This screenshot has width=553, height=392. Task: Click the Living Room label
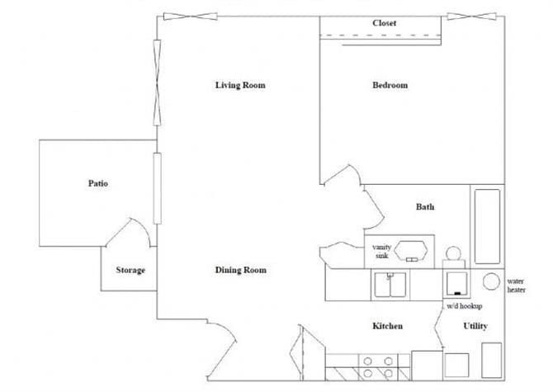(240, 86)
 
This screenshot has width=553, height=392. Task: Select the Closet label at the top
(384, 24)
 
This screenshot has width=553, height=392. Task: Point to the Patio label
(98, 183)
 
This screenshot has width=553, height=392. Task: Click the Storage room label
(130, 271)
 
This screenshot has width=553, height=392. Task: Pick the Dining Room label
(240, 271)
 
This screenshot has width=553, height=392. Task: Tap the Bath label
(425, 207)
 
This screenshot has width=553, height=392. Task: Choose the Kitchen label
(387, 327)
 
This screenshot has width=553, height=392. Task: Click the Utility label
(475, 327)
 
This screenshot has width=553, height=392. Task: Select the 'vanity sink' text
(381, 252)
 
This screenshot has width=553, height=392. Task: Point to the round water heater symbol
(489, 281)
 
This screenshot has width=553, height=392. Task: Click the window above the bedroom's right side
(471, 17)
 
